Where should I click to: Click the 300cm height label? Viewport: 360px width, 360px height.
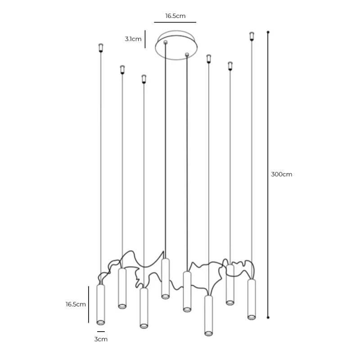click(282, 174)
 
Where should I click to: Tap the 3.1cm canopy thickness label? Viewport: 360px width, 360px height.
click(133, 39)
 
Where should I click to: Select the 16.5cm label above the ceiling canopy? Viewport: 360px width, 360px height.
click(175, 16)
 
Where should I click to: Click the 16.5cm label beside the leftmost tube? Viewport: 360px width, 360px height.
click(76, 304)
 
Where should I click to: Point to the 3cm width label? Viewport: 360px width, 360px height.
click(101, 339)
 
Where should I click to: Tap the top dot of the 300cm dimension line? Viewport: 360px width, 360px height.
click(268, 32)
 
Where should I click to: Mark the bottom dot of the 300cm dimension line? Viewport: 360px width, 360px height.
click(268, 317)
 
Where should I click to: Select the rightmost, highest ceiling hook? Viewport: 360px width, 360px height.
click(252, 36)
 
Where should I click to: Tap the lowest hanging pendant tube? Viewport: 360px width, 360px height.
click(208, 315)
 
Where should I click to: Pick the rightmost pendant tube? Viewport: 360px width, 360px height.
click(252, 299)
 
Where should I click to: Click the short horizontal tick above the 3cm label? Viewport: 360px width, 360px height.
click(101, 332)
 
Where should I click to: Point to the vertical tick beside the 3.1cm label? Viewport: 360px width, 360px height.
click(145, 39)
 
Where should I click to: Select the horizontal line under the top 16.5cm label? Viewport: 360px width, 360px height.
click(175, 22)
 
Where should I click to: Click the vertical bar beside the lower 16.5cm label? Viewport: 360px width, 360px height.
click(88, 304)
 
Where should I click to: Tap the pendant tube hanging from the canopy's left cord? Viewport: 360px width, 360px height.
click(165, 278)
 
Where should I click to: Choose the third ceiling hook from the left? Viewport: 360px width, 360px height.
click(144, 79)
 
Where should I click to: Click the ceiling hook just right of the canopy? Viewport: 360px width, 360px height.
click(208, 59)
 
